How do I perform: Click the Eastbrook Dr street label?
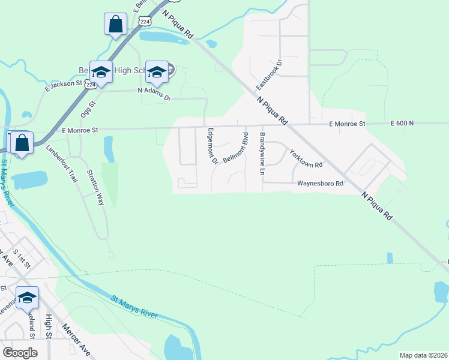269,74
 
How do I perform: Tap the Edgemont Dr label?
211,146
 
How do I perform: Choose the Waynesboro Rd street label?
321,184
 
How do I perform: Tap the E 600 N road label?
402,123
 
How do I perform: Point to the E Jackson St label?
63,85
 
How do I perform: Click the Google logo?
20,352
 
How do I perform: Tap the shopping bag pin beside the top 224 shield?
115,25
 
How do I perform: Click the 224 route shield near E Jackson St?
90,85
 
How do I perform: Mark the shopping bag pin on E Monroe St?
21,144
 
